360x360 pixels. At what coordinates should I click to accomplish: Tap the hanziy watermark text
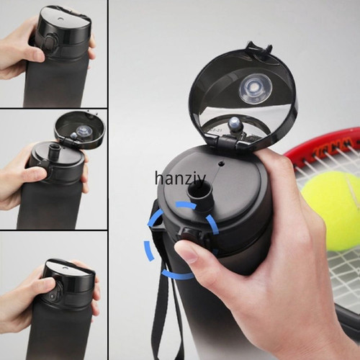coord(180,179)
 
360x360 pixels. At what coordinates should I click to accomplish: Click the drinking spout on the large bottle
coord(199,197)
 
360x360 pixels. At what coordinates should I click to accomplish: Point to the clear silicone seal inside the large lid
coord(256,89)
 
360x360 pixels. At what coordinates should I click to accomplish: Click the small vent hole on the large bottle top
coord(221,163)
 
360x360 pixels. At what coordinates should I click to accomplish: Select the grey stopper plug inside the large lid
coord(235,125)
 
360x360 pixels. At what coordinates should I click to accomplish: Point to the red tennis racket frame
coord(319,142)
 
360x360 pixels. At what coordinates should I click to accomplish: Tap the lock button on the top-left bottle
coord(50,41)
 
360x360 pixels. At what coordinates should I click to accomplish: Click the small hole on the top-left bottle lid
coord(60,19)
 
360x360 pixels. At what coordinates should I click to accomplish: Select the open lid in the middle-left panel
coord(80,128)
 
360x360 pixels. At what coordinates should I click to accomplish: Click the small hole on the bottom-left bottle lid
coord(64,267)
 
